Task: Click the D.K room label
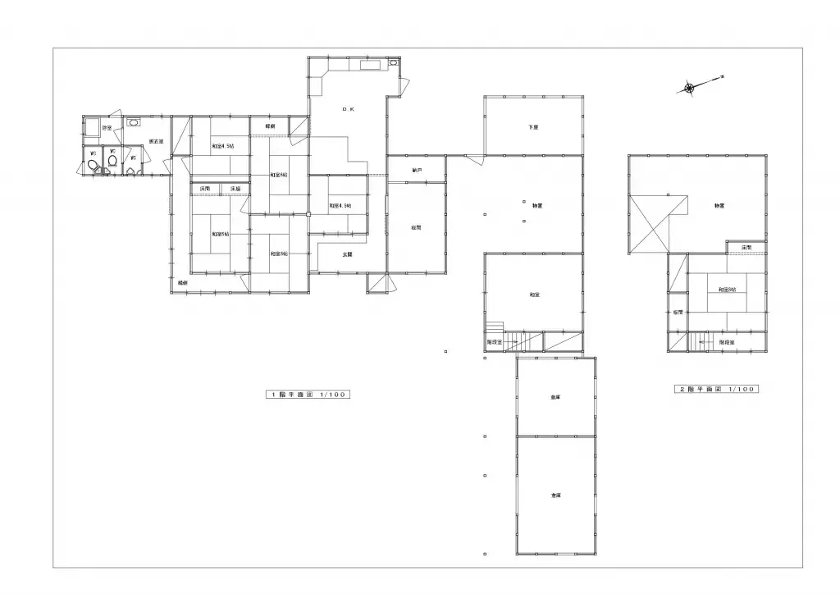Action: click(348, 108)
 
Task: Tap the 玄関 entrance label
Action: click(347, 254)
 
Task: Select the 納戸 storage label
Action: click(417, 171)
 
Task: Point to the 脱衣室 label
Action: click(155, 142)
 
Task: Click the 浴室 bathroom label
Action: click(107, 128)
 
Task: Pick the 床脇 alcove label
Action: click(235, 189)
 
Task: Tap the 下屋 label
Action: click(533, 127)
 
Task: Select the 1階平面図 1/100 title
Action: click(308, 394)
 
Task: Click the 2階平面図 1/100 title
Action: click(715, 389)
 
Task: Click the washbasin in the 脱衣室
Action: click(134, 123)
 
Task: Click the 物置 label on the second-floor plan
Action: click(719, 205)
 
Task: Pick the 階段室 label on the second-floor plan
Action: click(726, 341)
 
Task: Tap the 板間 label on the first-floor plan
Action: click(417, 227)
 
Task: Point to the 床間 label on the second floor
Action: click(746, 247)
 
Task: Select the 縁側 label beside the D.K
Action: click(270, 126)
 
